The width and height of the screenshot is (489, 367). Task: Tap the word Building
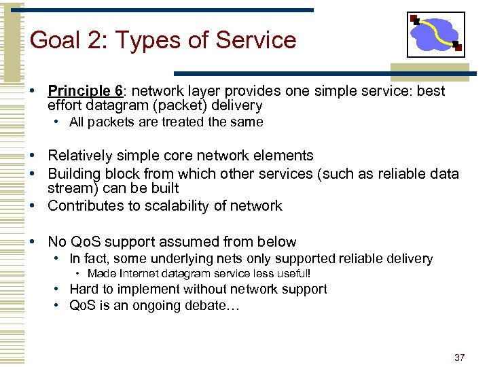[x=74, y=173]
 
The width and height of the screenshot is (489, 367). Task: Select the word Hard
[x=84, y=290]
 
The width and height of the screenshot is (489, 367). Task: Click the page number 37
[x=460, y=357]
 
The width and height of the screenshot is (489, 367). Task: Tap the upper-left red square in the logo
[x=415, y=20]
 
